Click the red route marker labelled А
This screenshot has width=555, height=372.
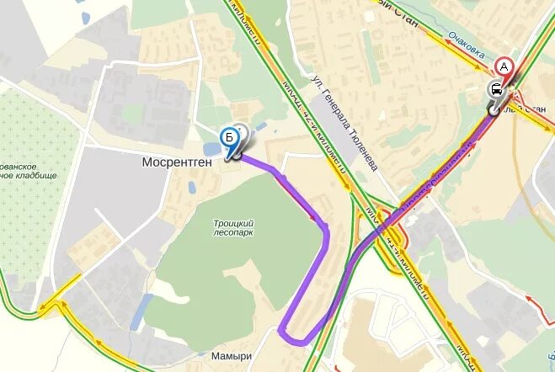(504, 66)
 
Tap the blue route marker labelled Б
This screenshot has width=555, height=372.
(228, 138)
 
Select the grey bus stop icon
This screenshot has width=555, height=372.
(497, 90)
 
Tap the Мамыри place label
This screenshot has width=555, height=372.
(232, 356)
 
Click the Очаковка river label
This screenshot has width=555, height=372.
(466, 47)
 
